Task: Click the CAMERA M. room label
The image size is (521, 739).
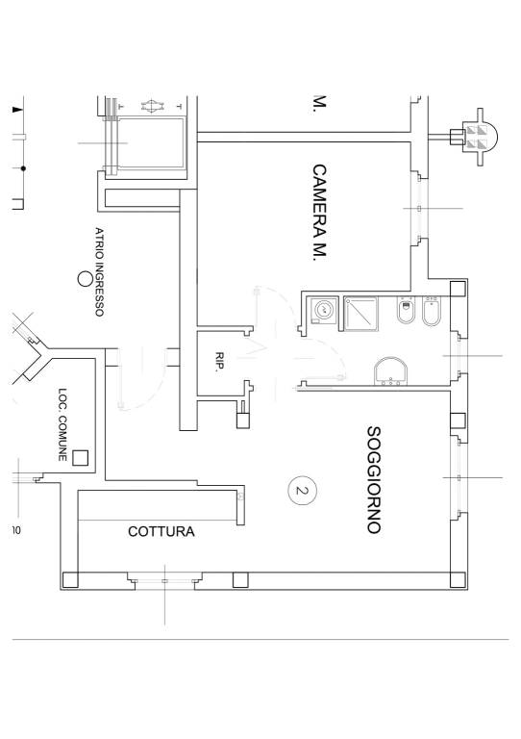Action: coord(319,212)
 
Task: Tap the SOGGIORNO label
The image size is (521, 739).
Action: coord(373,480)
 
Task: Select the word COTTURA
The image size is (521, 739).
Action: coord(161,531)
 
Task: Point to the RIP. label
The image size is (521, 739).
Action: coord(219,363)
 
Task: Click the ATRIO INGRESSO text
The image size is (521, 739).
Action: coord(99,271)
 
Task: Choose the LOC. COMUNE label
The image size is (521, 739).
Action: coord(62,424)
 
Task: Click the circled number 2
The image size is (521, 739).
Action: coord(302,490)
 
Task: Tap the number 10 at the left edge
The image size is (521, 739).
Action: coord(16,530)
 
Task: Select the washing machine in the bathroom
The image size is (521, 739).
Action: coord(324,311)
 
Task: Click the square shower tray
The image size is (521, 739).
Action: coord(361,314)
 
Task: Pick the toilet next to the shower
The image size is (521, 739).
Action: coord(406,310)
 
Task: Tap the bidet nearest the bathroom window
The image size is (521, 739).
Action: coord(431,311)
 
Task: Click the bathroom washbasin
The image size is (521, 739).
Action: coord(390,371)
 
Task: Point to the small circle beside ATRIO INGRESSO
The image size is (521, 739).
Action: coord(85,279)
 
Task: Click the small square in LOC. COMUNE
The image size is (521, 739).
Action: coord(81,458)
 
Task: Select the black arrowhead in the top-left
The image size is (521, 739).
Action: coord(17,110)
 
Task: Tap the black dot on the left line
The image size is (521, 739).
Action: coord(23,168)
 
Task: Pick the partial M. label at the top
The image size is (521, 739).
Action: coord(319,104)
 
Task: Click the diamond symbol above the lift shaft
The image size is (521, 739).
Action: coord(151,106)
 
